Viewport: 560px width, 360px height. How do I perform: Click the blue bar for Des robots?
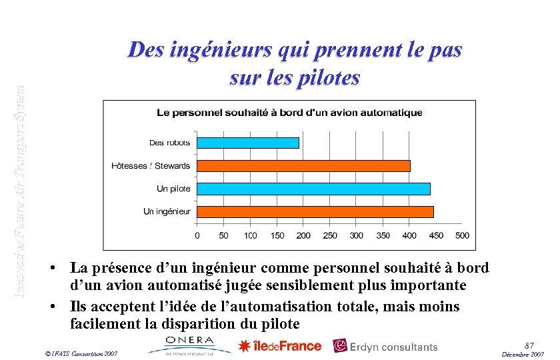point(247,143)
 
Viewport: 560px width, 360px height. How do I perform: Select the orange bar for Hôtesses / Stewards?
point(303,165)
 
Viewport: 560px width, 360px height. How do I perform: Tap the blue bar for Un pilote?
point(313,189)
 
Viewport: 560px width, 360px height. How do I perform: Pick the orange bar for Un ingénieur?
point(315,211)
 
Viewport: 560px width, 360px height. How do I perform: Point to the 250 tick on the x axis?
point(330,235)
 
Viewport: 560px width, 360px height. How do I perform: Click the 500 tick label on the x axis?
point(462,235)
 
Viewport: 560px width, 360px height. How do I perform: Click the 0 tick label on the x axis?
point(197,235)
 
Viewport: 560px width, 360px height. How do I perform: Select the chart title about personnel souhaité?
point(289,113)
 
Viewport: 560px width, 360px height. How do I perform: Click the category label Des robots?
point(169,143)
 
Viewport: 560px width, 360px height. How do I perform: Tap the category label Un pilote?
point(173,189)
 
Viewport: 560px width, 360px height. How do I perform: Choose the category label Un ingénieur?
point(167,211)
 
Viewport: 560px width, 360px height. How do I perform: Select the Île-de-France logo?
point(280,346)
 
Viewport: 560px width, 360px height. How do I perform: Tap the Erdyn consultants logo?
point(386,347)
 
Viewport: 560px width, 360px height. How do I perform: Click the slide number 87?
point(529,344)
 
